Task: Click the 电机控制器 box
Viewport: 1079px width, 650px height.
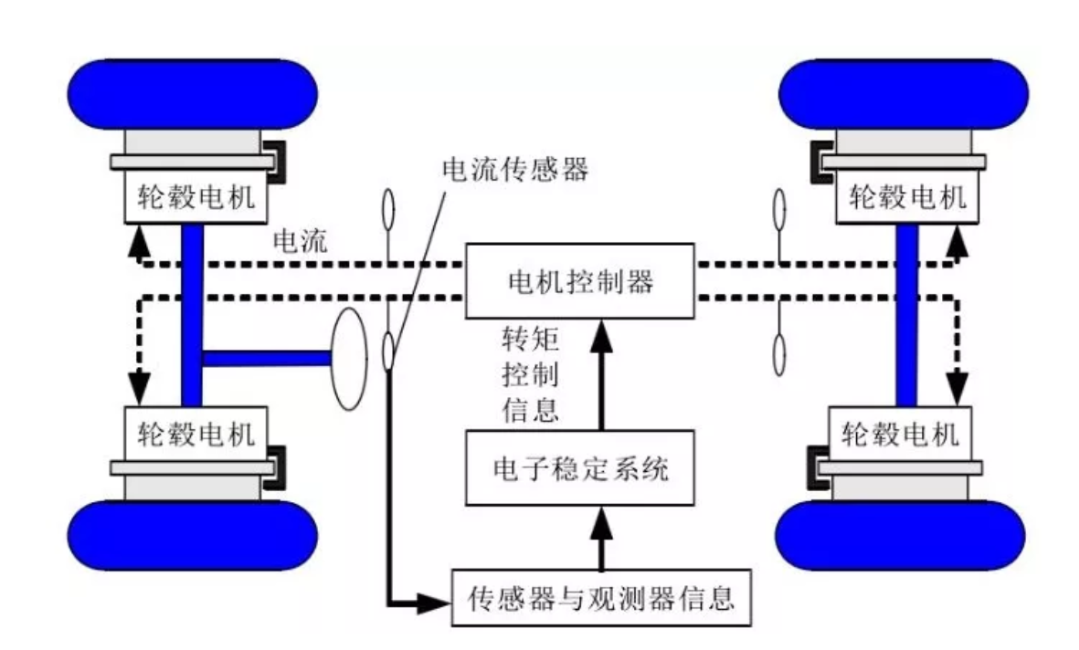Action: click(579, 282)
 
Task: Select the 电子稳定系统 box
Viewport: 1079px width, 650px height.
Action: click(579, 470)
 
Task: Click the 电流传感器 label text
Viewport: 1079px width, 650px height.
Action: click(515, 170)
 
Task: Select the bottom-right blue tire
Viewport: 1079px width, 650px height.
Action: click(900, 538)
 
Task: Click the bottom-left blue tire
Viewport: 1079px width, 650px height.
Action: click(193, 538)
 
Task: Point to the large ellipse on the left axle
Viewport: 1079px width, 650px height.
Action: click(348, 359)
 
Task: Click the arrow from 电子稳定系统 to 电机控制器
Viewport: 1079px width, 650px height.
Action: click(600, 374)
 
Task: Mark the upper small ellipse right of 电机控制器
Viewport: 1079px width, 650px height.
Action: click(779, 212)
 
